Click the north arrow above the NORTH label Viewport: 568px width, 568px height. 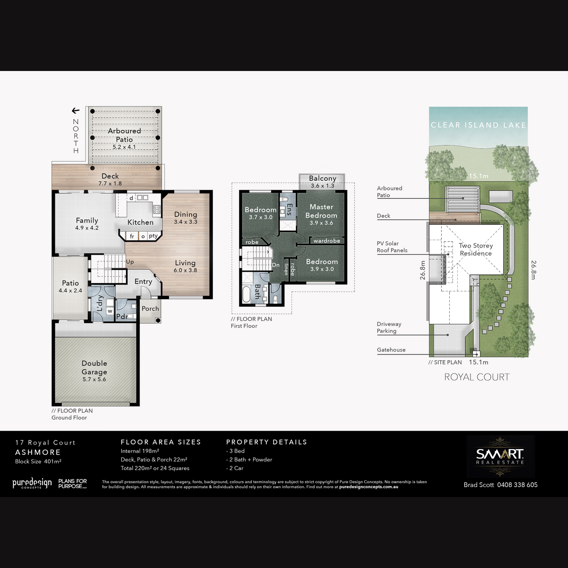(x=76, y=111)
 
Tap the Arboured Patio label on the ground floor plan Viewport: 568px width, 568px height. (x=124, y=135)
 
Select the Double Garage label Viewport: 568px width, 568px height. (x=94, y=367)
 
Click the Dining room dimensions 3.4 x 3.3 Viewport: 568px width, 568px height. (x=186, y=222)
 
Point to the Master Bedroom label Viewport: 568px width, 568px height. (x=321, y=211)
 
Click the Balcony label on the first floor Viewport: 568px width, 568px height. (x=322, y=178)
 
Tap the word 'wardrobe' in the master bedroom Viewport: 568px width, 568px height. (x=327, y=240)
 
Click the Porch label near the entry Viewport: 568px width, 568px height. (x=151, y=308)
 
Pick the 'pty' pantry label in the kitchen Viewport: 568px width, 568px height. (x=153, y=236)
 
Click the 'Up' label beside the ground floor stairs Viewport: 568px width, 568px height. (x=130, y=262)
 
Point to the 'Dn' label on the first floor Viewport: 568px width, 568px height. (x=275, y=265)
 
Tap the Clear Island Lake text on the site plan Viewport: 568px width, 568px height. (x=479, y=125)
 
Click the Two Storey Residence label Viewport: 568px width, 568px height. (x=476, y=249)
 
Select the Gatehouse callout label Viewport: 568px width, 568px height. (x=391, y=350)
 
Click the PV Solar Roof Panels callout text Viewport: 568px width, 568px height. (x=392, y=247)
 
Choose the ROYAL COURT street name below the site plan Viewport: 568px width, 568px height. (x=477, y=377)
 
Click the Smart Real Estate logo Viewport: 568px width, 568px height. (x=500, y=457)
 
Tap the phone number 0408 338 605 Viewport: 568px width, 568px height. (x=517, y=485)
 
